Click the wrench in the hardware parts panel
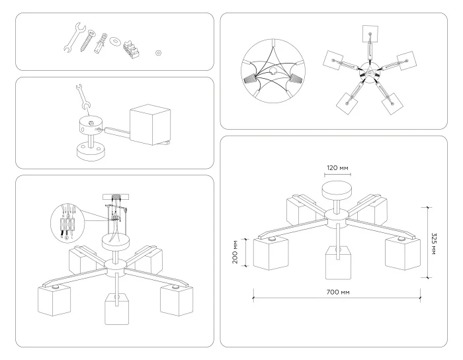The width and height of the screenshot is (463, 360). point(71,38)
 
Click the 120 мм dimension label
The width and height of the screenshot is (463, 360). point(336,167)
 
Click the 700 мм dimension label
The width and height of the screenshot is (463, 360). point(335,292)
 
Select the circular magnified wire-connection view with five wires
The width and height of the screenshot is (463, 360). point(271,72)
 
